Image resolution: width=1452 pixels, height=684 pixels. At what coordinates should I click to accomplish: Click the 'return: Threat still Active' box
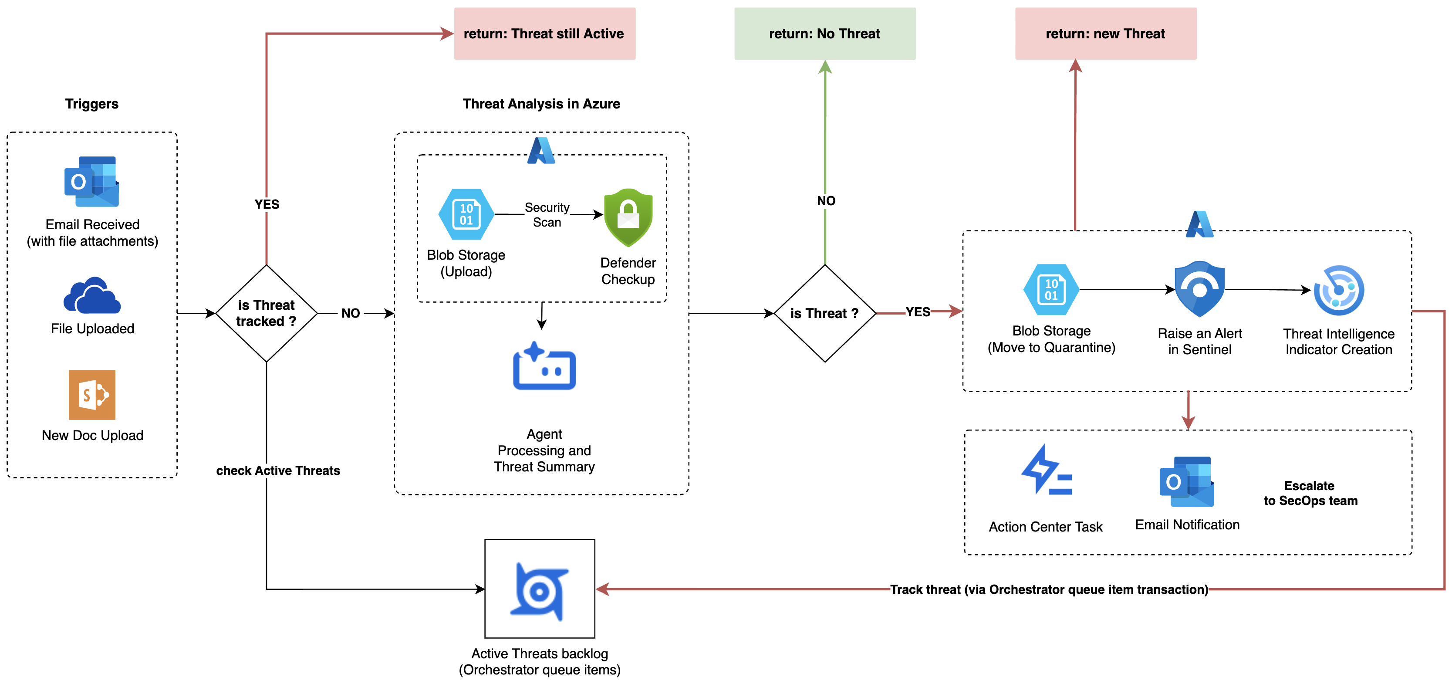pyautogui.click(x=544, y=34)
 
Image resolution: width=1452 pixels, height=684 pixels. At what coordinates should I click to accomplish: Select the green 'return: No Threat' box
pyautogui.click(x=824, y=34)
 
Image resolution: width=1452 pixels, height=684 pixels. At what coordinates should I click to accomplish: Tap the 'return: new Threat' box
pyautogui.click(x=1105, y=34)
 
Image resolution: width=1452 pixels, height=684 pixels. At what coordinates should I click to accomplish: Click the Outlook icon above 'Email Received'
pyautogui.click(x=92, y=182)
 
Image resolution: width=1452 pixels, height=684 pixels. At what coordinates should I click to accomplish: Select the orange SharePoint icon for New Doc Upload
pyautogui.click(x=92, y=395)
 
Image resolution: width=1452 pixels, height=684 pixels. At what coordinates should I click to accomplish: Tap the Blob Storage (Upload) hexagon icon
pyautogui.click(x=466, y=214)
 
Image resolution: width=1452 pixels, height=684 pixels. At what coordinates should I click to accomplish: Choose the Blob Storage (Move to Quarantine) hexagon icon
pyautogui.click(x=1051, y=290)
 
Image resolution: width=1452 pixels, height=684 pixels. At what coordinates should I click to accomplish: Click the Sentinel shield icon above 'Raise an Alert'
pyautogui.click(x=1199, y=289)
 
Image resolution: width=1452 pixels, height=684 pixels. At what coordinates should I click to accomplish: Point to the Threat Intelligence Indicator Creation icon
pyautogui.click(x=1339, y=291)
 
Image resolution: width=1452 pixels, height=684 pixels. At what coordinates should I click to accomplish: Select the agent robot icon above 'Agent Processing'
pyautogui.click(x=544, y=366)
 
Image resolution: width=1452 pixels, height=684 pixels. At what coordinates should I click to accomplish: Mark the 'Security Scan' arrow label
pyautogui.click(x=547, y=215)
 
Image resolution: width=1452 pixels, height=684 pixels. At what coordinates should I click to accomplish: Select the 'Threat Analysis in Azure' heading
pyautogui.click(x=541, y=104)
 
